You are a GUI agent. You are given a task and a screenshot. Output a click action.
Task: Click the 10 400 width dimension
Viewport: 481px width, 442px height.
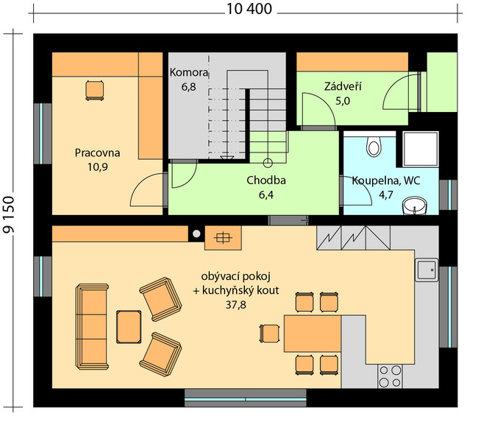pos(249,9)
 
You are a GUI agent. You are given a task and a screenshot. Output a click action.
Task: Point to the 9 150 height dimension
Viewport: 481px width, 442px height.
pos(9,214)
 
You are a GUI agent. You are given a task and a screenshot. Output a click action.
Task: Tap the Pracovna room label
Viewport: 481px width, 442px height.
pos(97,153)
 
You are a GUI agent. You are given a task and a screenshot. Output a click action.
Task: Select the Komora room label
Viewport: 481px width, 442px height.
pos(189,72)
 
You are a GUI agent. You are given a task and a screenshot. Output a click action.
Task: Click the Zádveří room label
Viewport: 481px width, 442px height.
pos(343,86)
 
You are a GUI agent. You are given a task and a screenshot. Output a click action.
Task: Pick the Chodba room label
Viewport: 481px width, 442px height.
pos(266,180)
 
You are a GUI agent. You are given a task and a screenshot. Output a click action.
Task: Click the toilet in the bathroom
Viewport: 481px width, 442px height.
pos(374,146)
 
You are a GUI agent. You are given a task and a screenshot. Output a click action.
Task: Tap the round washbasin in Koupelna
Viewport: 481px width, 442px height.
pos(414,206)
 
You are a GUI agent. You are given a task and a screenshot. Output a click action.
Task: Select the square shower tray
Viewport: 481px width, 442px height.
pos(420,150)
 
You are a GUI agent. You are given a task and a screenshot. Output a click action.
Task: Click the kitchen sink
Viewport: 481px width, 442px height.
pos(427,270)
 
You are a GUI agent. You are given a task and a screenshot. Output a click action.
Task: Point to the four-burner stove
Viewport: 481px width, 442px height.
pos(390,376)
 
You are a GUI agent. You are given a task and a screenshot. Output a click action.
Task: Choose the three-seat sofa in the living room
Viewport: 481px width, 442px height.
pos(92,327)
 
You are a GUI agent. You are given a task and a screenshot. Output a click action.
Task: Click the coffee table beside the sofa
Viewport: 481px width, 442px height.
pos(129,327)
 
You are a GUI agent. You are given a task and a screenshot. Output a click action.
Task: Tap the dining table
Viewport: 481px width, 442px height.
pos(313,333)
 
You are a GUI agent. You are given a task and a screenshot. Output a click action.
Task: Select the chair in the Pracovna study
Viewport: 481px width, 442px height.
pos(94,91)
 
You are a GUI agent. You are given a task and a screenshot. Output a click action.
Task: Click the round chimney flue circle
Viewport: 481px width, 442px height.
pos(196,234)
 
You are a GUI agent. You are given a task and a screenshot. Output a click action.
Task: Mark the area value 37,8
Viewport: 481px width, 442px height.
pos(235,305)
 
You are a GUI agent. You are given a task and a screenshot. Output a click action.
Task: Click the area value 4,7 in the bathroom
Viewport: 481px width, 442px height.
pos(385,194)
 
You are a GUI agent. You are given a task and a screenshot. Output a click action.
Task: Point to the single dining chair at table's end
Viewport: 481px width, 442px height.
pos(270,334)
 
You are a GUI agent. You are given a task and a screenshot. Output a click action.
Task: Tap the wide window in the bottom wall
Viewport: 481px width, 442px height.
pos(246,398)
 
